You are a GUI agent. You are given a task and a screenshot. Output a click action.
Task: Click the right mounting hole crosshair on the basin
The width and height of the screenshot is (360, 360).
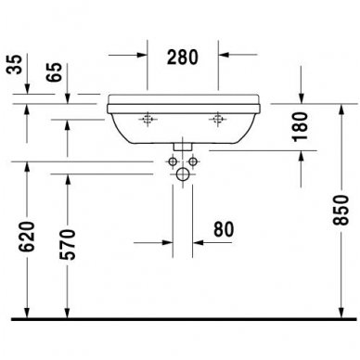pyautogui.click(x=220, y=119)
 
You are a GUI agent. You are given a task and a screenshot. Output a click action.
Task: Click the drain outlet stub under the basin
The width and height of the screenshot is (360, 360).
pyautogui.click(x=183, y=146)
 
